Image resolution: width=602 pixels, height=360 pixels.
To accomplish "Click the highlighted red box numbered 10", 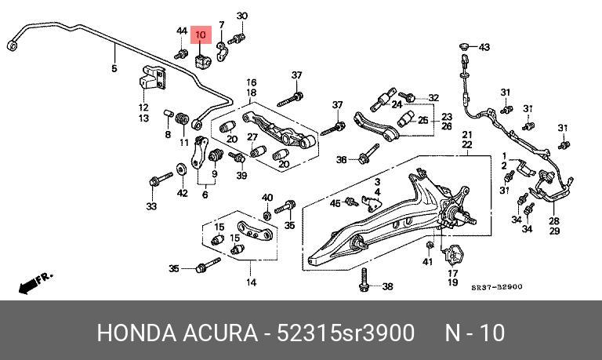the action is tap(201, 35).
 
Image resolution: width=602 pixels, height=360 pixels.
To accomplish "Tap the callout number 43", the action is tap(484, 47).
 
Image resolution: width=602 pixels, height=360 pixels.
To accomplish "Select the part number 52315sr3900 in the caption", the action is tap(346, 333).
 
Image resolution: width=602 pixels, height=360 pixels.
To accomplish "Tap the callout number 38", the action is tap(387, 287).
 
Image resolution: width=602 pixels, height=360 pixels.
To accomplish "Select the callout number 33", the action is tap(151, 207).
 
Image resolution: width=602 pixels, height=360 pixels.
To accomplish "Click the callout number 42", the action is tap(182, 193).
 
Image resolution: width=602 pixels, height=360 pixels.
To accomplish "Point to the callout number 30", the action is tap(241, 16).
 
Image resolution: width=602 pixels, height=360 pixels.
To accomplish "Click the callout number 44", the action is tap(181, 31).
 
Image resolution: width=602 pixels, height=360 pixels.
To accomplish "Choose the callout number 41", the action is tap(427, 260).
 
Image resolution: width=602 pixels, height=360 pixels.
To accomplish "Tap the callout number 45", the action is tap(335, 204).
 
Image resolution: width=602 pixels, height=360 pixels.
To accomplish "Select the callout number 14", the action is tap(251, 282).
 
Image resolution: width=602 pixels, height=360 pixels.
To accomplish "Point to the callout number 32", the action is tap(433, 98).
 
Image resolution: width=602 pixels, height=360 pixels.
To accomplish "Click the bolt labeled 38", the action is tap(364, 278).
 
